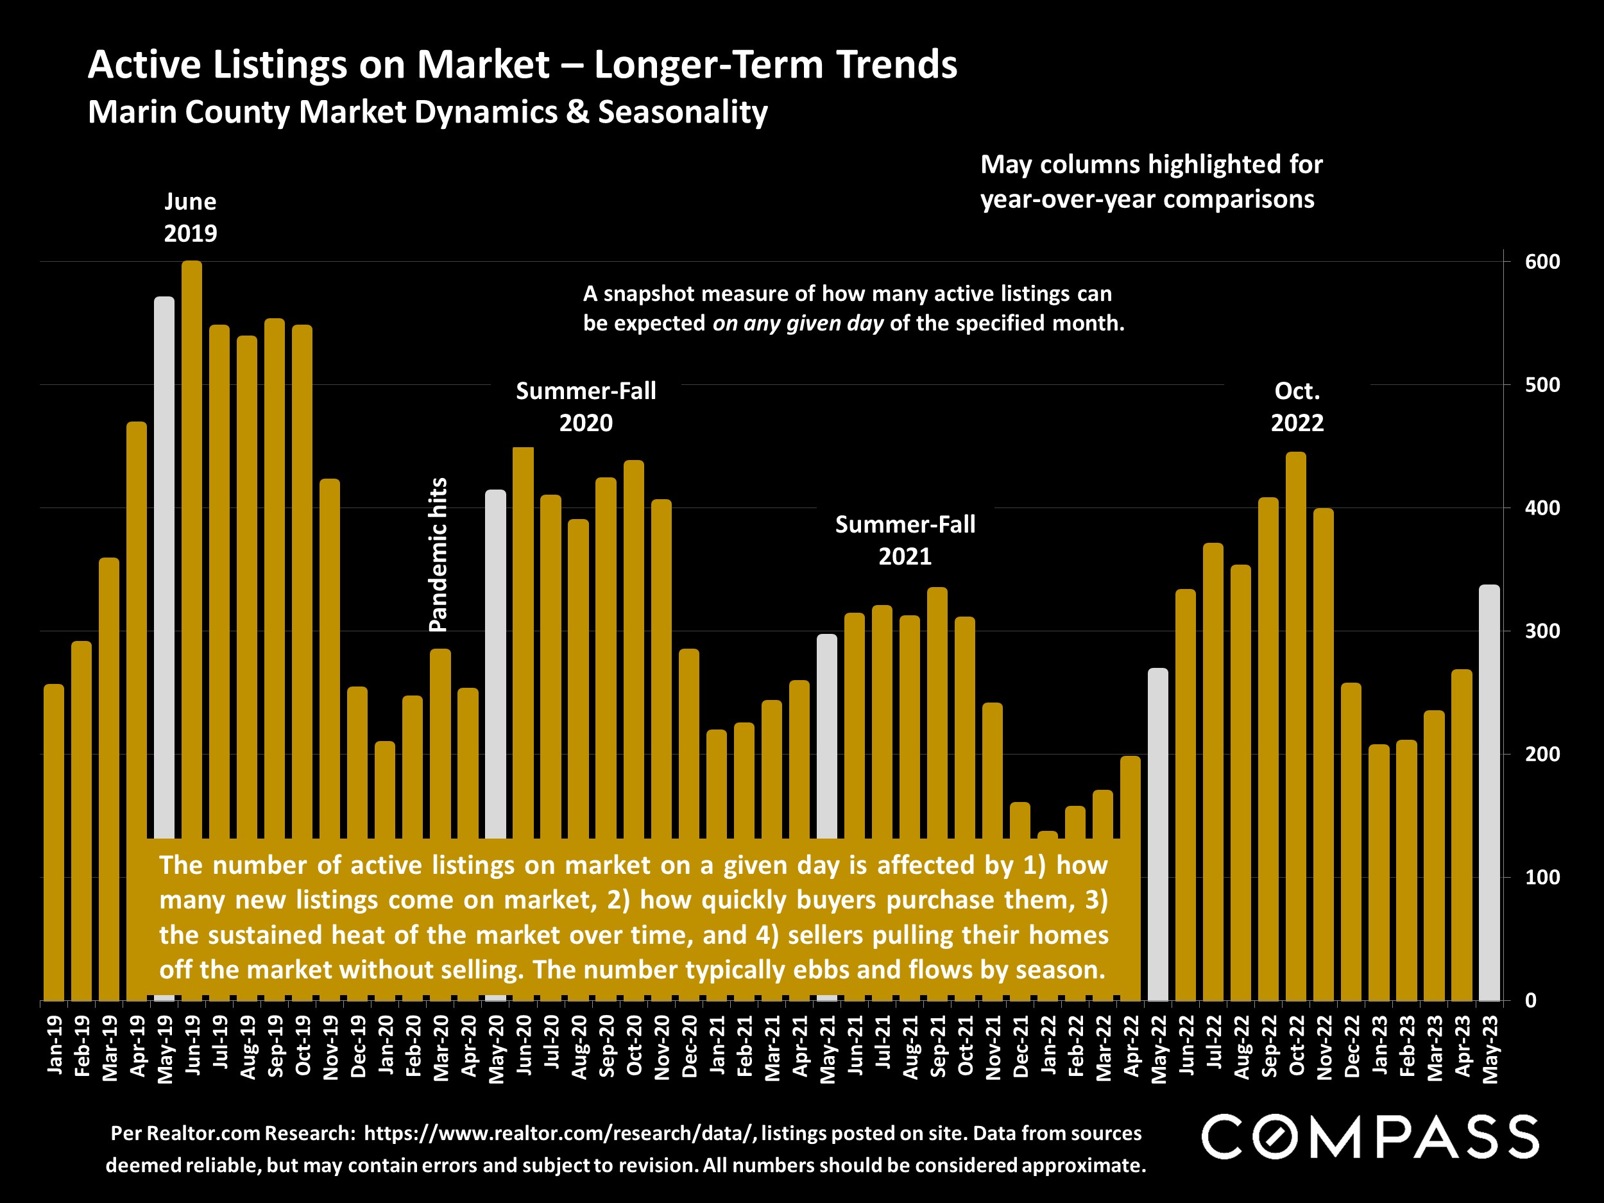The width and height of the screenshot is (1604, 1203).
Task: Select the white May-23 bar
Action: pyautogui.click(x=1489, y=790)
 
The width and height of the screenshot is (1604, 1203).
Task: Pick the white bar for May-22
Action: pyautogui.click(x=1158, y=834)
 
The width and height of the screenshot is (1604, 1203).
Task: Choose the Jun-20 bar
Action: pyautogui.click(x=523, y=638)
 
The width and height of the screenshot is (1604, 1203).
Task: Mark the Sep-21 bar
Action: pyautogui.click(x=937, y=711)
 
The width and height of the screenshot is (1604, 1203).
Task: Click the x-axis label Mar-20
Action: pyautogui.click(x=441, y=1048)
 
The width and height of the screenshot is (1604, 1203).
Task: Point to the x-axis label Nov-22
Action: pyautogui.click(x=1324, y=1048)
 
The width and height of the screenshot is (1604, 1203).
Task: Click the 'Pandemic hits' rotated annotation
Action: pyautogui.click(x=439, y=555)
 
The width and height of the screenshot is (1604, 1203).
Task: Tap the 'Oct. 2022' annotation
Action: pyautogui.click(x=1297, y=407)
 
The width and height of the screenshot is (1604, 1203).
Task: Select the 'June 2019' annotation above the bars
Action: pyautogui.click(x=190, y=217)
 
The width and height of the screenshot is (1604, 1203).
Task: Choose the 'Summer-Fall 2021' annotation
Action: pyautogui.click(x=905, y=540)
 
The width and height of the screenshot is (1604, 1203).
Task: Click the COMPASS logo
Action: pyautogui.click(x=1370, y=1137)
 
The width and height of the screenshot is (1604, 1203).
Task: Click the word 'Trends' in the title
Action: pyautogui.click(x=897, y=65)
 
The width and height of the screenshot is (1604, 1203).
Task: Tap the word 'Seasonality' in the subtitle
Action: pyautogui.click(x=683, y=112)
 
